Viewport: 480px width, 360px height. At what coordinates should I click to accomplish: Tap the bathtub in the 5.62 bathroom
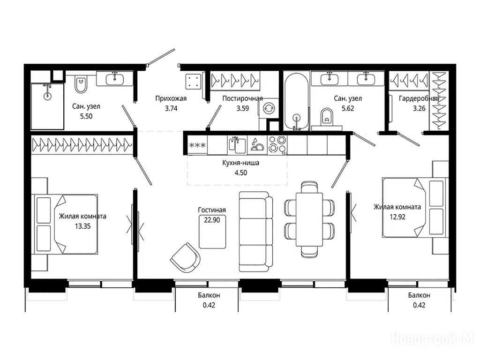(296, 101)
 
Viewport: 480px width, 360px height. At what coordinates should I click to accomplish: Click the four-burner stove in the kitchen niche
(277, 144)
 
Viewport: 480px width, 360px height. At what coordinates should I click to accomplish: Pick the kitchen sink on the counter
(237, 144)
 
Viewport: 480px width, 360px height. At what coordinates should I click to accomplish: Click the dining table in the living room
(309, 219)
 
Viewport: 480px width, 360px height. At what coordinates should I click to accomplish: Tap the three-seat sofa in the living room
(256, 232)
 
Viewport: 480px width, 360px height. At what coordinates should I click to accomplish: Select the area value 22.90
(212, 220)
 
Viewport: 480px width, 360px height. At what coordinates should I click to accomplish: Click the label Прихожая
(171, 98)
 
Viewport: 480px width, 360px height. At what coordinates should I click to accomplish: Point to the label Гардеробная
(419, 98)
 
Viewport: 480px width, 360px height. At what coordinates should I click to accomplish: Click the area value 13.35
(82, 226)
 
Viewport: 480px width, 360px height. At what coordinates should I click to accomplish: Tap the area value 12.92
(397, 217)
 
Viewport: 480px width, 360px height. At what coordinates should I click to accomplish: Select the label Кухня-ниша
(241, 163)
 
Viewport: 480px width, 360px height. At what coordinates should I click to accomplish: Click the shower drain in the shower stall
(47, 96)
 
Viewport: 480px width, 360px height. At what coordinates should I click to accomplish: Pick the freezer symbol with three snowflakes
(198, 145)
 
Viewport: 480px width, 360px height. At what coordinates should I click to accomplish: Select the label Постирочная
(242, 98)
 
